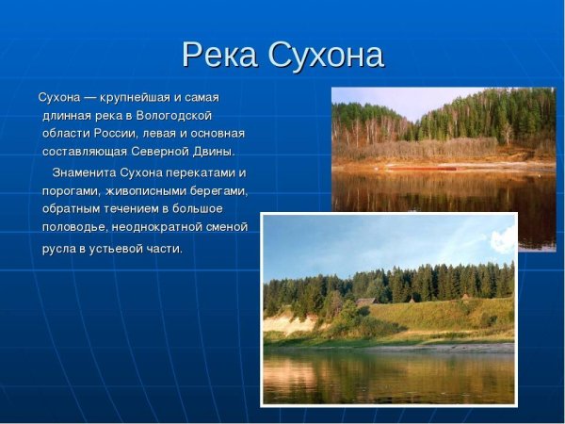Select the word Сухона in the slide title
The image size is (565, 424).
pyautogui.click(x=326, y=55)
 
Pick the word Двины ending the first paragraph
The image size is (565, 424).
pyautogui.click(x=213, y=152)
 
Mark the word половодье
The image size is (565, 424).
pyautogui.click(x=77, y=227)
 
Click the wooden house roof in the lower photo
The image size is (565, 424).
pyautogui.click(x=364, y=302)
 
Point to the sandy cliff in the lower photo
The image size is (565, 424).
pyautogui.click(x=287, y=324)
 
